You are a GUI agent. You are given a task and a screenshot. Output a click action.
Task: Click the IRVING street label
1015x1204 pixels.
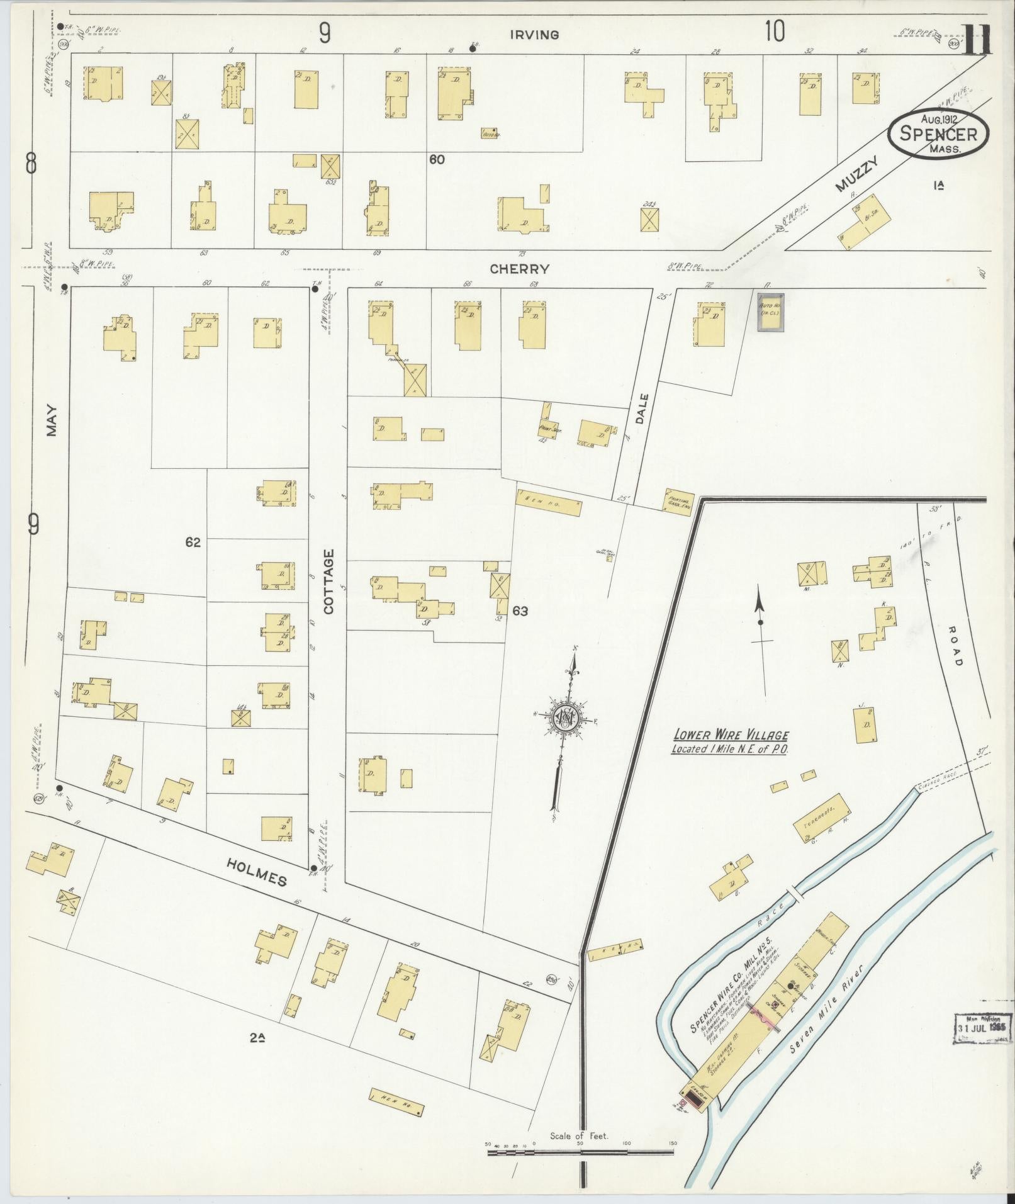534,35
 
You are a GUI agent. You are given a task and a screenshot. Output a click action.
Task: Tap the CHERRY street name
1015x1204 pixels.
520,269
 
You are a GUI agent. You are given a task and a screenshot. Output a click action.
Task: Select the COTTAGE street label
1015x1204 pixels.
330,581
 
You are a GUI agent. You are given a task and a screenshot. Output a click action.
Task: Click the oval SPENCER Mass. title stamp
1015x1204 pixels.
938,133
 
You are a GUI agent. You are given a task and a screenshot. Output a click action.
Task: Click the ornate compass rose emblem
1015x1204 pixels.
566,718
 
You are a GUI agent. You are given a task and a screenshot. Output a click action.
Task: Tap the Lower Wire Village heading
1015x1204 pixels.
730,741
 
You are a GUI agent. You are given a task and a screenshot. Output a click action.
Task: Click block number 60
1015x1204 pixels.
437,160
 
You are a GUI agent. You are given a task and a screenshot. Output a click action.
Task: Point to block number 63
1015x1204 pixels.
520,610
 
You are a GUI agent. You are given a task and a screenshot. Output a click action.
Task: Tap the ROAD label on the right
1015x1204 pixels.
956,644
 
